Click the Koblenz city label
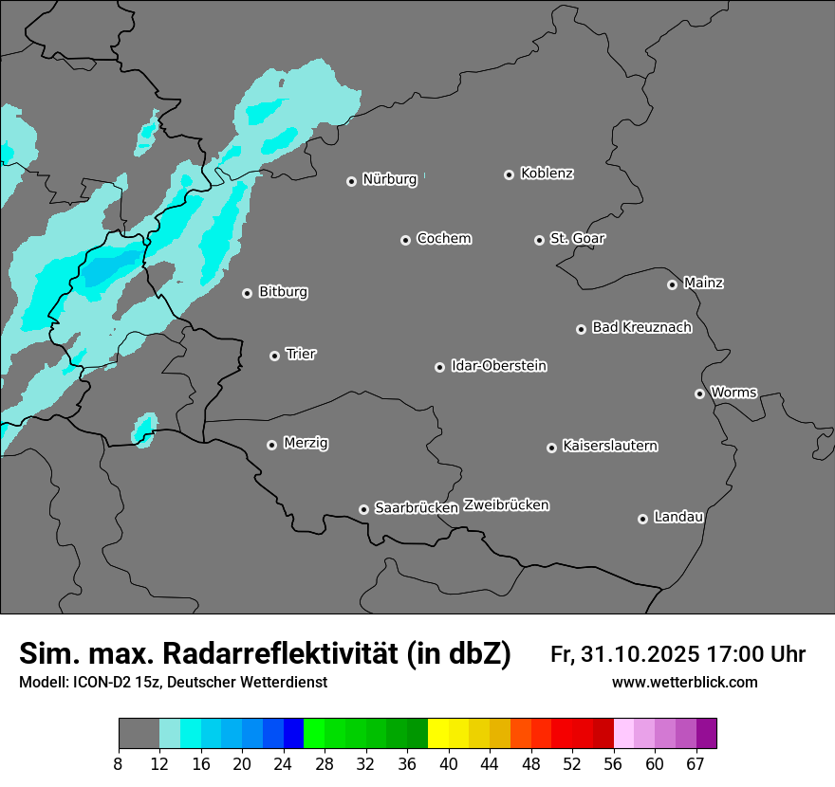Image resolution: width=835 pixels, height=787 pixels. (547, 174)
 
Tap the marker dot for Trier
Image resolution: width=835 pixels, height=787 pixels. (274, 356)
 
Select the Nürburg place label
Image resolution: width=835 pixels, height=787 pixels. (389, 179)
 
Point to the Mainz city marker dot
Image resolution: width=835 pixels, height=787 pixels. (672, 284)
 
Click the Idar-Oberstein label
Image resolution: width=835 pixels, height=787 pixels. (498, 366)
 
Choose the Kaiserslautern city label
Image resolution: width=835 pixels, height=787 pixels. (609, 446)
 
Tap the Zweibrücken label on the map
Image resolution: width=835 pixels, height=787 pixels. (506, 505)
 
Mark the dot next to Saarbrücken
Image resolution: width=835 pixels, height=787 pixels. (363, 509)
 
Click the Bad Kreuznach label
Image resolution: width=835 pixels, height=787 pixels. (641, 328)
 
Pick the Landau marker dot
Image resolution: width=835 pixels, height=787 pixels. (642, 519)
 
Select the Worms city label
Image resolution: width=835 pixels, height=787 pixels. (733, 393)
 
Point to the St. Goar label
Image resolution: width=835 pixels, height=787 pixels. (577, 239)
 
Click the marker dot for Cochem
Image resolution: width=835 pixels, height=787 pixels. (405, 240)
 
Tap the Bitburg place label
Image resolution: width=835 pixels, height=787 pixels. (283, 292)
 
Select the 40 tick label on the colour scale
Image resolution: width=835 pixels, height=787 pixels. (448, 763)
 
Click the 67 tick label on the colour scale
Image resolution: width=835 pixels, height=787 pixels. (695, 763)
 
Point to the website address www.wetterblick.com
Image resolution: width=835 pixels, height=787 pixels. (684, 683)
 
